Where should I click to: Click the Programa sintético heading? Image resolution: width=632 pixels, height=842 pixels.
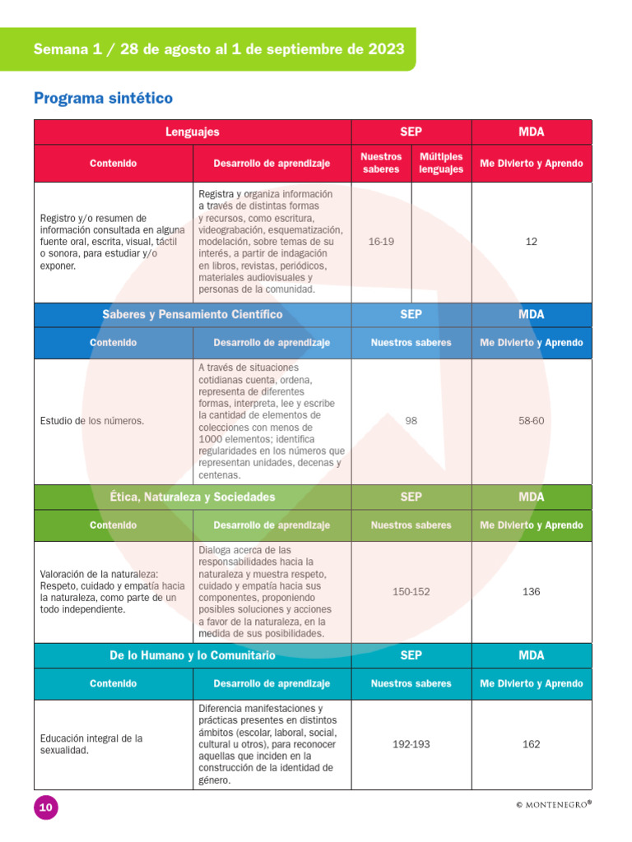pos(103,99)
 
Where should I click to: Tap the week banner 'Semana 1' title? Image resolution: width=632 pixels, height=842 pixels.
pos(218,49)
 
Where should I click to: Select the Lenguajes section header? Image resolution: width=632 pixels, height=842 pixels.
pos(193,132)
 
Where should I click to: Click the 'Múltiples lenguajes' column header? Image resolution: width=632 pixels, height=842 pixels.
pos(441,163)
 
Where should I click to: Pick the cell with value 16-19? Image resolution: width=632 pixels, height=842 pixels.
pos(381,242)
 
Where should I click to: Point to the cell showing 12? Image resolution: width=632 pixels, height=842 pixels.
pos(531,242)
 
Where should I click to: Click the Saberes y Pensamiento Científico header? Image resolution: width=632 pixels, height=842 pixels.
pos(193,314)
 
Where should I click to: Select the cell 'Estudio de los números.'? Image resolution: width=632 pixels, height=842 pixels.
pos(92,421)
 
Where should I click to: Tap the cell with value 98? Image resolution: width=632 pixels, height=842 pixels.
pos(411,421)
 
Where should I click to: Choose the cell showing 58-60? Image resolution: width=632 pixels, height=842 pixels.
pos(531,421)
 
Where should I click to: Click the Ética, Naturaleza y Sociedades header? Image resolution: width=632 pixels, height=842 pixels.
pos(193,497)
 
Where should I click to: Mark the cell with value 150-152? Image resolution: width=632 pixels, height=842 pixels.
pos(411,592)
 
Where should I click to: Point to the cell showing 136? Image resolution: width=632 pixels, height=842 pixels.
pos(531,592)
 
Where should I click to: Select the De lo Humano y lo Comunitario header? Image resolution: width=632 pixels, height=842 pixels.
pos(193,655)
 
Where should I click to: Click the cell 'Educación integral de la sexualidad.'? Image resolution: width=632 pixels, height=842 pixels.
pos(91,744)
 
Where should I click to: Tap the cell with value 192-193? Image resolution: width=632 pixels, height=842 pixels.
pos(411,744)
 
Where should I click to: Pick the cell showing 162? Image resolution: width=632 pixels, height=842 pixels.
pos(531,744)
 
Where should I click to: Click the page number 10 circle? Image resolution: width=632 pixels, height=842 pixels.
pos(46,807)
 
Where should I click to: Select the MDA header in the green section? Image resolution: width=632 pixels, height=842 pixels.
pos(531,497)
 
